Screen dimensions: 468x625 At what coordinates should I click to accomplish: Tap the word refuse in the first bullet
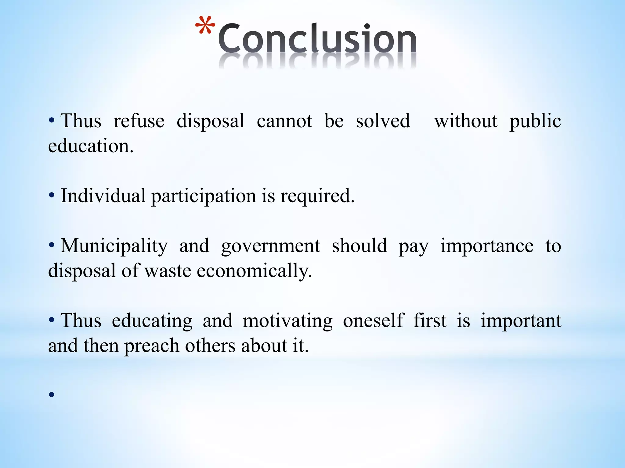click(139, 121)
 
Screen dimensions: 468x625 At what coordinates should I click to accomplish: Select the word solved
click(383, 121)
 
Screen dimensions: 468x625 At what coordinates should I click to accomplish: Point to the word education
click(91, 146)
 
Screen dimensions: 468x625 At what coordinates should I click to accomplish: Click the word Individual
click(103, 196)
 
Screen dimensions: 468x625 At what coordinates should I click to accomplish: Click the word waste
click(168, 271)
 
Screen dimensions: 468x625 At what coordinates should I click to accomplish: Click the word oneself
click(373, 321)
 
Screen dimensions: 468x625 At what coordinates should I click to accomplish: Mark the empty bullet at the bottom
click(52, 395)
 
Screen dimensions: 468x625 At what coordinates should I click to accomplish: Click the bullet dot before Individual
click(52, 195)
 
